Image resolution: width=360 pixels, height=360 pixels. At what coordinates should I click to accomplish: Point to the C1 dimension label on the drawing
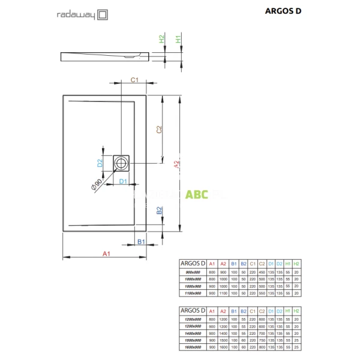point(135,80)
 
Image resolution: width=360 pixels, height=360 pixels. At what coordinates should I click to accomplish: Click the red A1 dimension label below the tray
point(106,255)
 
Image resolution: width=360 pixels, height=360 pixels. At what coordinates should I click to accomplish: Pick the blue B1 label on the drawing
point(142,241)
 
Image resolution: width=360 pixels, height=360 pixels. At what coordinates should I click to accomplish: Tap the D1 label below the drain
point(122,181)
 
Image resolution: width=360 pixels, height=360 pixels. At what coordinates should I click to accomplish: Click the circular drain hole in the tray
point(122,162)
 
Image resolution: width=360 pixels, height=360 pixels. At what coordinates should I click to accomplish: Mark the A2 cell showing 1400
point(223,334)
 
